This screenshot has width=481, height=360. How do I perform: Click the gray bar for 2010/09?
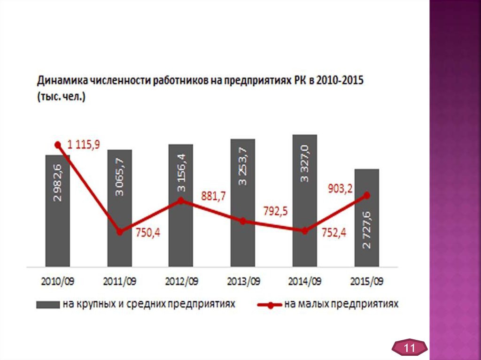click(x=57, y=211)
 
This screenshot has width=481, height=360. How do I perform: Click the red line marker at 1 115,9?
click(x=58, y=145)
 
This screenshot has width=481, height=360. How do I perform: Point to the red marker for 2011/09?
click(x=120, y=232)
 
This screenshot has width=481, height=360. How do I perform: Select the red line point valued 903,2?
click(x=367, y=195)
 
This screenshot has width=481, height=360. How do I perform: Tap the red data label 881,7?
click(x=213, y=196)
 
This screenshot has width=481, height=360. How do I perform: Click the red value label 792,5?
click(x=275, y=211)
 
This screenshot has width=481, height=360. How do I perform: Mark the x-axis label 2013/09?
click(x=243, y=282)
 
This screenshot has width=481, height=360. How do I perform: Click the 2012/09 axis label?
click(x=181, y=282)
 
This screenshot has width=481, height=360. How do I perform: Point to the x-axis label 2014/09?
click(x=304, y=282)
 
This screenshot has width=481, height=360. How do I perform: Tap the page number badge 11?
click(x=410, y=349)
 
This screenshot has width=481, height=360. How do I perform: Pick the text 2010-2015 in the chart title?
click(x=340, y=80)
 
